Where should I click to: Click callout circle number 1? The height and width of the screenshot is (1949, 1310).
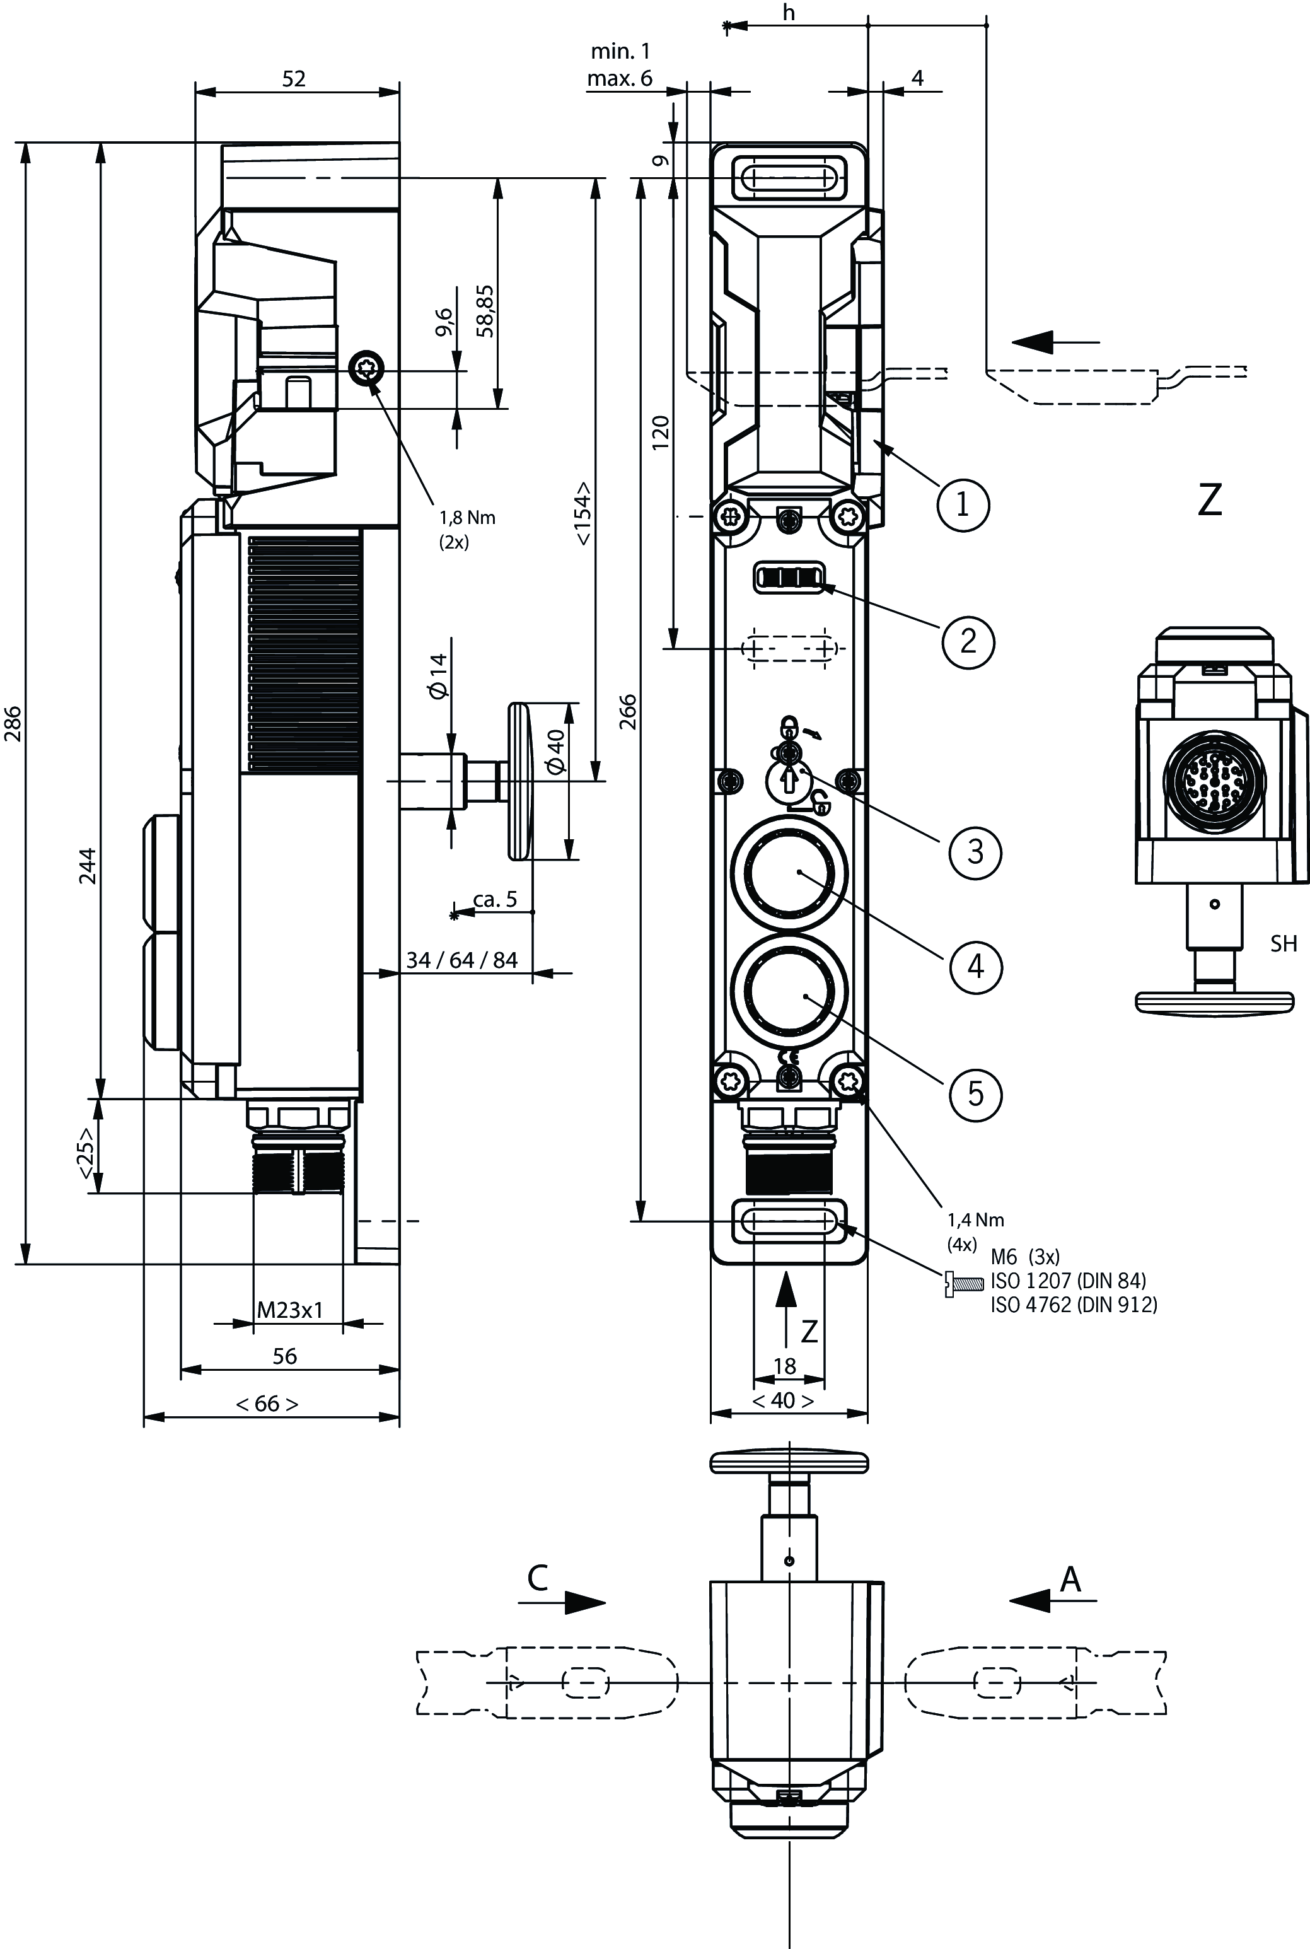pyautogui.click(x=963, y=504)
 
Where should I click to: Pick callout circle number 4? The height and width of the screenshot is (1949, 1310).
pyautogui.click(x=975, y=967)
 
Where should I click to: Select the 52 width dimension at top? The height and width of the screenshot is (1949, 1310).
pyautogui.click(x=294, y=79)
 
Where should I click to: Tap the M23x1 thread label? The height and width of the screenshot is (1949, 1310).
pyautogui.click(x=289, y=1310)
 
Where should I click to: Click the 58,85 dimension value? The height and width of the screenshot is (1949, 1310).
pyautogui.click(x=485, y=311)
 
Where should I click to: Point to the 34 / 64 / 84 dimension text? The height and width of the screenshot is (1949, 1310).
pyautogui.click(x=462, y=960)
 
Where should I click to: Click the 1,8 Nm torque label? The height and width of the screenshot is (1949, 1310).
pyautogui.click(x=467, y=518)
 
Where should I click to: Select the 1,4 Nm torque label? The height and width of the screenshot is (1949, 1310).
pyautogui.click(x=976, y=1219)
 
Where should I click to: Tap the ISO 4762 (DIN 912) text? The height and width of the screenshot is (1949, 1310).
pyautogui.click(x=1074, y=1305)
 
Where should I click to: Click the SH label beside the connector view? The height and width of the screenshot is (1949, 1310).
pyautogui.click(x=1284, y=944)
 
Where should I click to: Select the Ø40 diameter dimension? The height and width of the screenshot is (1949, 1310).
pyautogui.click(x=555, y=751)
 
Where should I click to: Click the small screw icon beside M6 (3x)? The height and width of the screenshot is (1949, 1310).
pyautogui.click(x=963, y=1283)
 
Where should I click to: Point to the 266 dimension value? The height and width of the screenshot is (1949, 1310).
pyautogui.click(x=629, y=712)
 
